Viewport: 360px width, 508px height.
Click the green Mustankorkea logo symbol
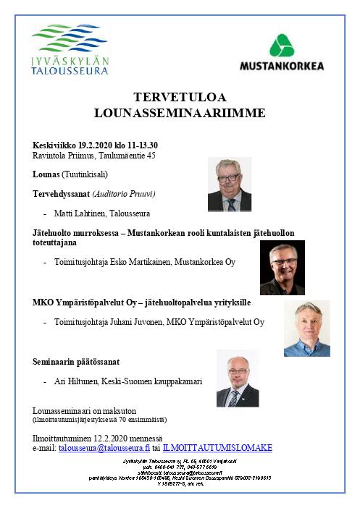click(282, 46)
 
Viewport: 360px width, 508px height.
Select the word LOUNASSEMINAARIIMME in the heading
click(180, 113)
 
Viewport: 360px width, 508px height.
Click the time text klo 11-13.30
click(138, 145)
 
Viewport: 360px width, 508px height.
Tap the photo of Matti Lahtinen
click(229, 184)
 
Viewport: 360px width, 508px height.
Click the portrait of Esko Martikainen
click(282, 267)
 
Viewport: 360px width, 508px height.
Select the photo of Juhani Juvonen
click(306, 328)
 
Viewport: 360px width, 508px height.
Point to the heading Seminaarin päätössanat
click(76, 361)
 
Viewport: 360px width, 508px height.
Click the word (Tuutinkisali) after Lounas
click(85, 174)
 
